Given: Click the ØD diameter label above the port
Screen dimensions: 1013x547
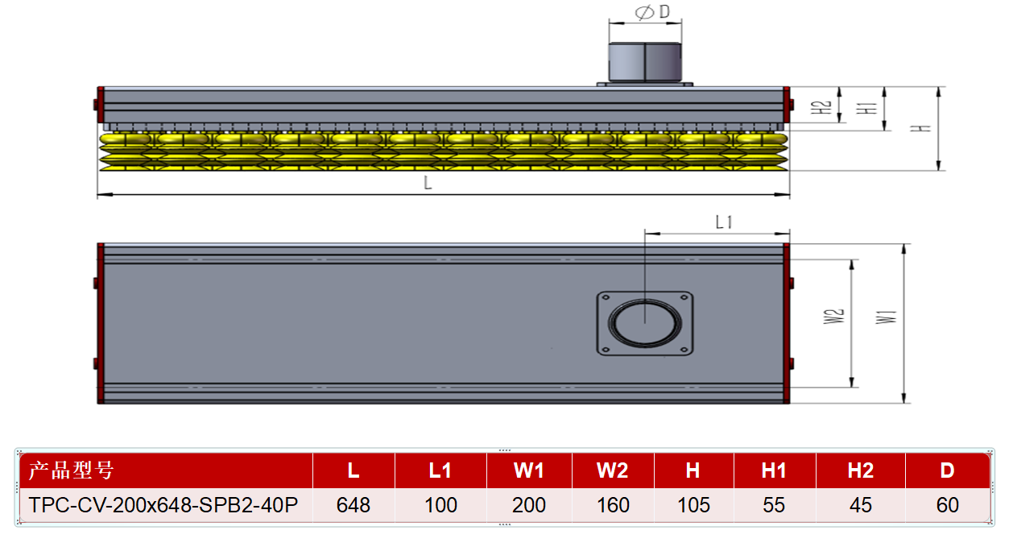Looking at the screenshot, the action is coord(652,12).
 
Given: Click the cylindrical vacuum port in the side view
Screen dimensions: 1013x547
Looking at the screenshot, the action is coord(645,62).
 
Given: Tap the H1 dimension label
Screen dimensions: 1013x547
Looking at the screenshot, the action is coord(866,108).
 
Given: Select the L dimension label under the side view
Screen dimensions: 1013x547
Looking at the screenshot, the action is coord(428,183).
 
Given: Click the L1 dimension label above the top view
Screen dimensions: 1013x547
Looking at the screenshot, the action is coord(724,222).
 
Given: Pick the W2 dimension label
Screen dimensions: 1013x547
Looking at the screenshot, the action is coord(834,316).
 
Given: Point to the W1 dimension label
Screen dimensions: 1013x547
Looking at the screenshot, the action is coord(886,317).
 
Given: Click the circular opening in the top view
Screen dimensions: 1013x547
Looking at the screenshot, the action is coord(645,323).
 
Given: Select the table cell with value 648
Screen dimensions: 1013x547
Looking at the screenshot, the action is coord(354,505).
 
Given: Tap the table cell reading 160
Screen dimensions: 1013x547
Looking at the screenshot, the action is coord(613,505).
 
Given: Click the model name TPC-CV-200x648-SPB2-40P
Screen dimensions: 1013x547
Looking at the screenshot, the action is coord(163,505).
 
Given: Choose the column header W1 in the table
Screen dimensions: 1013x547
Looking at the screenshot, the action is coord(529,470).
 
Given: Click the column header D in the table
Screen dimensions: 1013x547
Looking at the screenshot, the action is coord(947,470).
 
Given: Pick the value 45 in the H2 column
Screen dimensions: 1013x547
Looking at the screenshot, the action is coord(860,505).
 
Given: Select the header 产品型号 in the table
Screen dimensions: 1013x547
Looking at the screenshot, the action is coord(71,470).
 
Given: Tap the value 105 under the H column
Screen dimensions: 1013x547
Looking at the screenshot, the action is coord(693,505).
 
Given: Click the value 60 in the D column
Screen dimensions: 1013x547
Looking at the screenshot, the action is coord(947,505).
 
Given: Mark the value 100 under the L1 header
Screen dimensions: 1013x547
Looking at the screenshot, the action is coord(440,505).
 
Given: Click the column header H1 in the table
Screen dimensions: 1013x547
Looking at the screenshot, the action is coord(774,470).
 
